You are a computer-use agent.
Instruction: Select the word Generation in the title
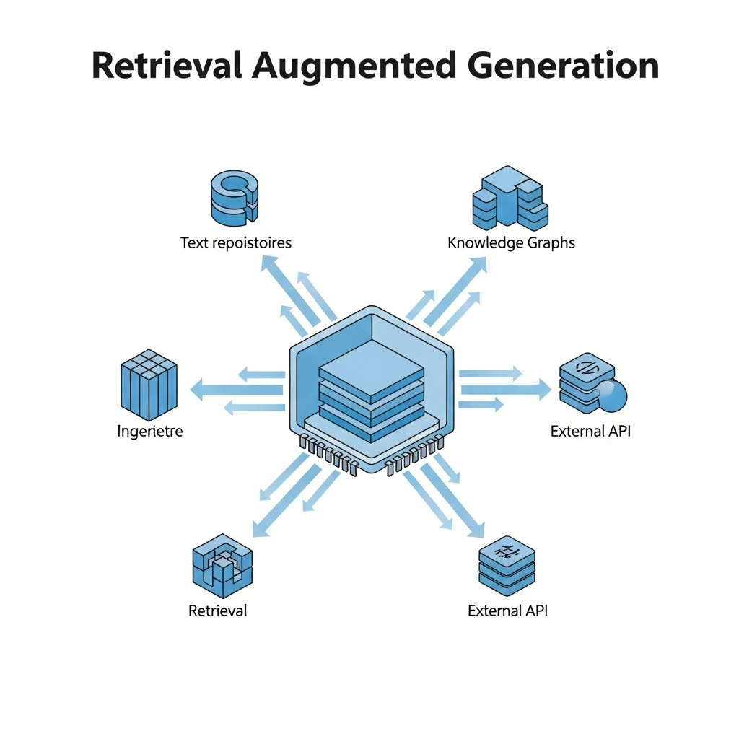[563, 66]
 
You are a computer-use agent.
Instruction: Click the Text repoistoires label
[236, 242]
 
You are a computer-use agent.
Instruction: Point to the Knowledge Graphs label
[511, 242]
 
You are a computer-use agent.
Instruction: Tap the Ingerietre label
[150, 432]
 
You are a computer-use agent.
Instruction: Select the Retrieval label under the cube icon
[217, 611]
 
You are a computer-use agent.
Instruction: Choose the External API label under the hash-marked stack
[507, 611]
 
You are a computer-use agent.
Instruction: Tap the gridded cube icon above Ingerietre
[147, 384]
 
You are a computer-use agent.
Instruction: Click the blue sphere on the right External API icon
[612, 394]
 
